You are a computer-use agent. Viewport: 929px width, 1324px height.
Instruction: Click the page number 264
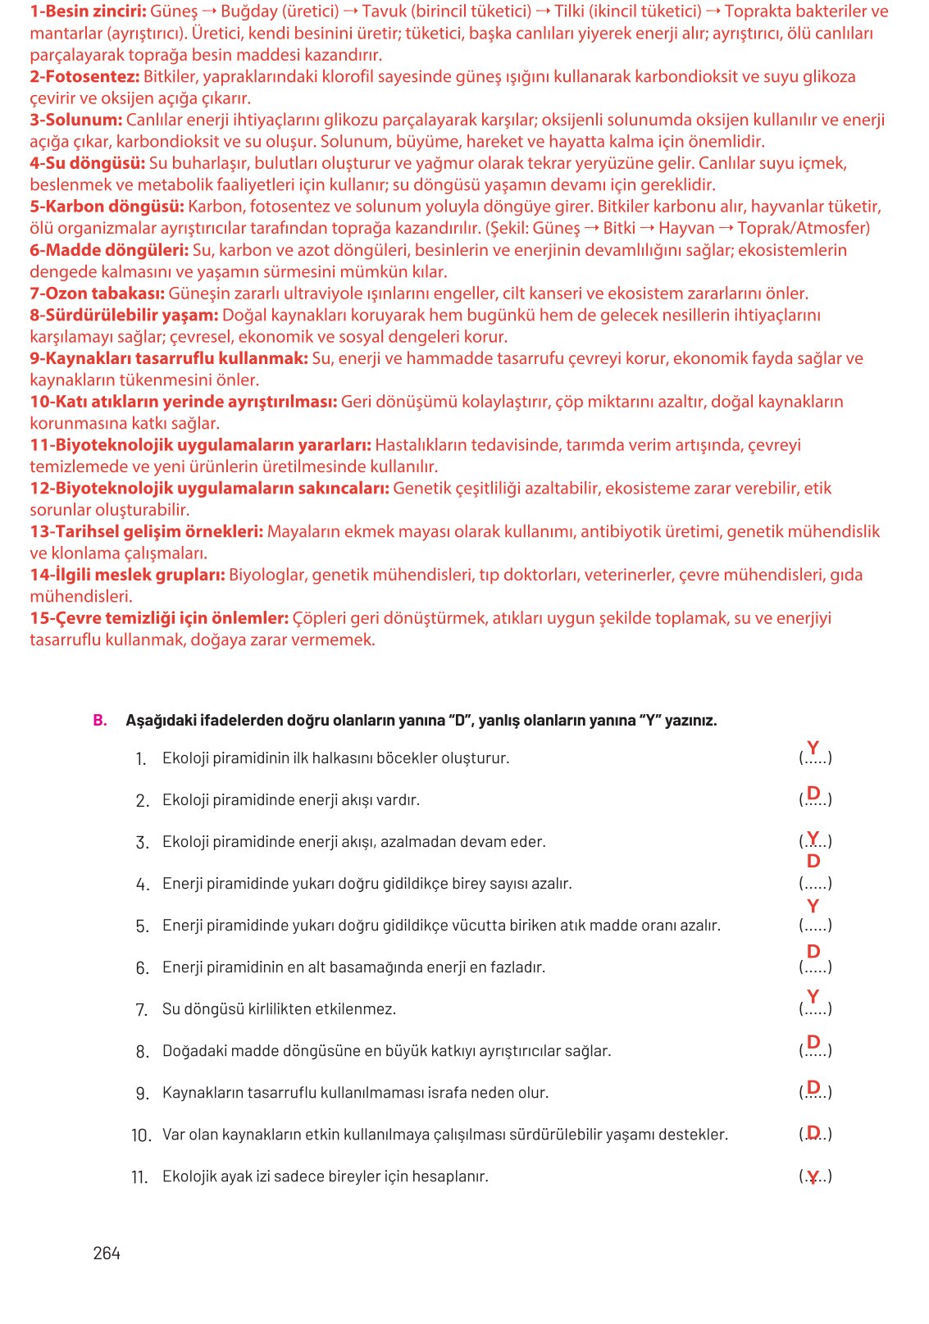(x=107, y=1253)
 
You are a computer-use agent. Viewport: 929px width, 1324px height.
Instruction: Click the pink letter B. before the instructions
(x=100, y=720)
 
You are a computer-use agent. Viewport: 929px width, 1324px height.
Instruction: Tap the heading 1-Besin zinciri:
(x=88, y=11)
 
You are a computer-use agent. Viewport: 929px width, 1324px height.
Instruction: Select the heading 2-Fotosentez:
(x=84, y=76)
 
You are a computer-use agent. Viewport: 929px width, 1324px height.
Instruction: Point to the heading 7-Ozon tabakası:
(x=97, y=293)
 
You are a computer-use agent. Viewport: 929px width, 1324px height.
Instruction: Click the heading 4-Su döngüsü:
(x=87, y=163)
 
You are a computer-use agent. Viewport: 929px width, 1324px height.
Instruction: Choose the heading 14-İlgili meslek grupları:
(x=127, y=575)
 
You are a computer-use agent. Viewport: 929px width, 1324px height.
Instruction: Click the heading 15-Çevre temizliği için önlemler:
(x=159, y=617)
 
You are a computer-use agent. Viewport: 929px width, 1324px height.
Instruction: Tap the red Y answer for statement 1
(x=813, y=748)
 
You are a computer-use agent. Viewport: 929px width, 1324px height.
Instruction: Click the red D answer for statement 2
(x=813, y=793)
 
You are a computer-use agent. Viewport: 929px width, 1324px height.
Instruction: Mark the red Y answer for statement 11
(x=813, y=1178)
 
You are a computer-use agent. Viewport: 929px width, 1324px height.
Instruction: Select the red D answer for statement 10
(x=813, y=1132)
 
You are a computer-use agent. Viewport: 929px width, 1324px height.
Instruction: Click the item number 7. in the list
(x=141, y=1009)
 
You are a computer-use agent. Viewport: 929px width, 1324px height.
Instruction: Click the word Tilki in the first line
(x=569, y=11)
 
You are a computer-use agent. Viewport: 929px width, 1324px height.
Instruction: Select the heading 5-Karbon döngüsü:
(x=107, y=206)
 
